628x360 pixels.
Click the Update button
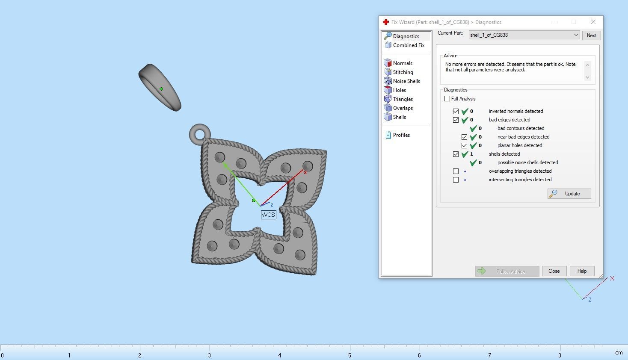[569, 194]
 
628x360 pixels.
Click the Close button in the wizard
[554, 271]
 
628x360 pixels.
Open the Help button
[582, 271]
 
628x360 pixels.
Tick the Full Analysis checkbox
[447, 99]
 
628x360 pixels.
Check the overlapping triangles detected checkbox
[456, 171]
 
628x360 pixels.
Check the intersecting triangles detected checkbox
[456, 180]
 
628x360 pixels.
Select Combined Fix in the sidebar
[409, 45]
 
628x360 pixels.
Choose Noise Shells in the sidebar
[406, 81]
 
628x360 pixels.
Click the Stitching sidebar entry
[403, 72]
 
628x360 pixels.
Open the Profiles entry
[401, 135]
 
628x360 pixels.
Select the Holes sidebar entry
[399, 90]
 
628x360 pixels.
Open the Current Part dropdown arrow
[576, 35]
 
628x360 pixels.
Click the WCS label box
[268, 215]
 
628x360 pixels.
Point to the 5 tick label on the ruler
[350, 355]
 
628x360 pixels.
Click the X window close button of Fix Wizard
[593, 22]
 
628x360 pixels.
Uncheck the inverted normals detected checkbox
[456, 111]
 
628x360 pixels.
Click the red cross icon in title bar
[386, 22]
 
